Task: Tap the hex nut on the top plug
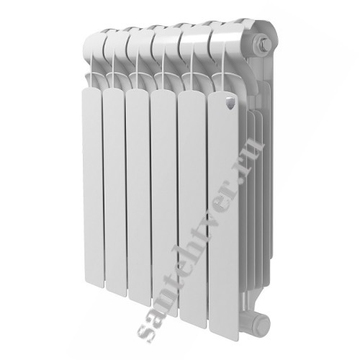(264, 44)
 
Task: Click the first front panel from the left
(93, 187)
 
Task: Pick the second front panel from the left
(115, 192)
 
